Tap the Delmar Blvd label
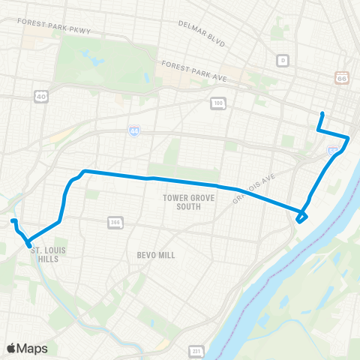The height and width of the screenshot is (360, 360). coord(202,33)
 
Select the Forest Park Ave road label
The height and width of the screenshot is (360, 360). coord(193,72)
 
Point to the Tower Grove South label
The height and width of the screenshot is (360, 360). coord(182,202)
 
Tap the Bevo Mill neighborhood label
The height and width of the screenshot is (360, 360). coord(156,255)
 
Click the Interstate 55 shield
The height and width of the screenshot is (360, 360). coord(331,151)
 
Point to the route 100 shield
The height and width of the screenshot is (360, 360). coord(217,102)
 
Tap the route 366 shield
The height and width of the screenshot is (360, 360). coord(115,222)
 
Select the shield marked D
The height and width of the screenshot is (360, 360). coord(282,59)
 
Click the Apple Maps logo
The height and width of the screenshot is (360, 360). coord(28,348)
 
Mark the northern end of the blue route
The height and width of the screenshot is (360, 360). coord(322,113)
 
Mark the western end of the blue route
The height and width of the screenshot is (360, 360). coord(12,220)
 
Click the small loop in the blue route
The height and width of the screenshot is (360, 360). coord(301,217)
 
